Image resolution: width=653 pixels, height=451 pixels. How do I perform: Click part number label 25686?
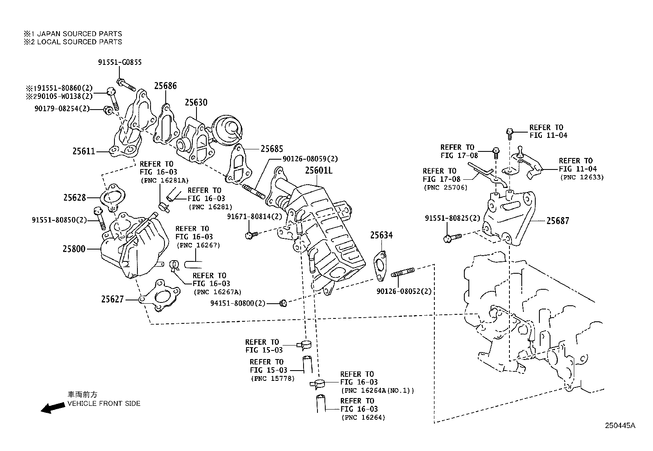pos(165,86)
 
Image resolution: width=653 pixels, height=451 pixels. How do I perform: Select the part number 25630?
pos(196,103)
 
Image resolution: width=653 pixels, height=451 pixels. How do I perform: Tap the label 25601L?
pos(318,170)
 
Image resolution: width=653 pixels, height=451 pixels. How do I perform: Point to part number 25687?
pos(557,221)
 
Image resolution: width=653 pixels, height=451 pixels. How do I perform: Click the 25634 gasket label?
pos(381,235)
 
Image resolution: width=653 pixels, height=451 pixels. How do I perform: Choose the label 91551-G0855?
pos(120,62)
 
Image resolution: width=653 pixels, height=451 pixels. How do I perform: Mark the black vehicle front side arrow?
pos(53,408)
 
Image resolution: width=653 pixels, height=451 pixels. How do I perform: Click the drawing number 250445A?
pos(620,426)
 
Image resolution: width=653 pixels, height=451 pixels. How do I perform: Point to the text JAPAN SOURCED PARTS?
pos(80,34)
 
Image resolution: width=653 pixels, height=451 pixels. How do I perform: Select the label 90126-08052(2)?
pos(404,291)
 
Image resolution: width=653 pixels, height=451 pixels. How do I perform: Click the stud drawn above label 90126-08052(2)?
pos(404,273)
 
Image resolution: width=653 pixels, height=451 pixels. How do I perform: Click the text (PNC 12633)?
pos(582,177)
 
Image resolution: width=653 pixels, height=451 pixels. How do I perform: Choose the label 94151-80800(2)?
pos(237,303)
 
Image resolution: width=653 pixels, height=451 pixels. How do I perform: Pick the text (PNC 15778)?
pos(272,378)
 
